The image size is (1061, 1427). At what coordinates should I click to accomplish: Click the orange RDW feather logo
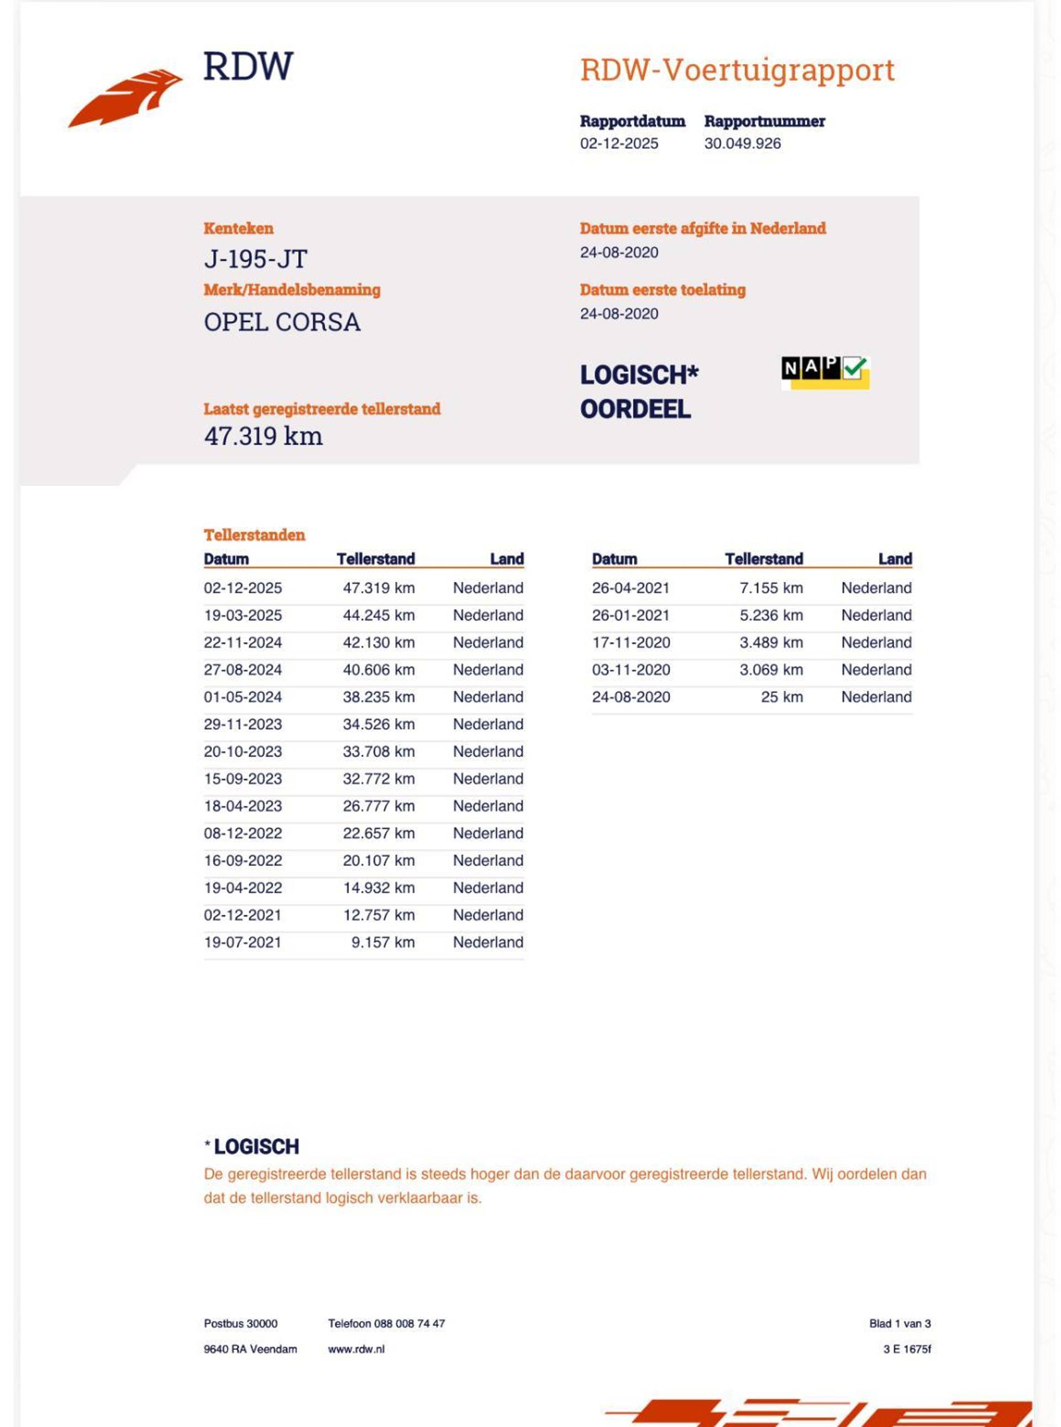(x=125, y=98)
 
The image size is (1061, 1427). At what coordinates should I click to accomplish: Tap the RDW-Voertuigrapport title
(x=737, y=70)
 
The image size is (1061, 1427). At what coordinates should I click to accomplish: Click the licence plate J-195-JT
(x=256, y=259)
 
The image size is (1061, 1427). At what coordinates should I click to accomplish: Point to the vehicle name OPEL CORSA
(x=282, y=322)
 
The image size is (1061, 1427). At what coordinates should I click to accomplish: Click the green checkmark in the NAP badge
(x=855, y=368)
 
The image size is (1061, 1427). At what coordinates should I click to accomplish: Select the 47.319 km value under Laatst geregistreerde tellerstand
(x=264, y=436)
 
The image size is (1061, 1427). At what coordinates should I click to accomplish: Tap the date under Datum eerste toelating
(x=618, y=314)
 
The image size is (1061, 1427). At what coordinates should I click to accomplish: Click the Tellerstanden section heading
(x=254, y=534)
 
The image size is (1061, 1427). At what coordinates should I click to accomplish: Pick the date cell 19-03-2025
(x=243, y=615)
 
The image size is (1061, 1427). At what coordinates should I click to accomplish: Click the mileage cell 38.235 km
(x=379, y=697)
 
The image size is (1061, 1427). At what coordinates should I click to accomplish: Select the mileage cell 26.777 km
(x=379, y=806)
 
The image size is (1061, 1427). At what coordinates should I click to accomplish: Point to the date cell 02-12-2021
(x=243, y=915)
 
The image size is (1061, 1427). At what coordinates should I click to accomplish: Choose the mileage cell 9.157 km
(x=382, y=942)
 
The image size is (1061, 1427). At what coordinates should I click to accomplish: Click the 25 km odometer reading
(x=781, y=697)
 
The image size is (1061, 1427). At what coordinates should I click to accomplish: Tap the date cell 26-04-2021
(x=631, y=587)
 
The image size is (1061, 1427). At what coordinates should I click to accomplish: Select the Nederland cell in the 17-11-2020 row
(x=876, y=642)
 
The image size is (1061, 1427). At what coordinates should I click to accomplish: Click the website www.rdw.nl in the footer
(x=356, y=1349)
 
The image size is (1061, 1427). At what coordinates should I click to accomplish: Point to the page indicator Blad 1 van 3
(x=899, y=1324)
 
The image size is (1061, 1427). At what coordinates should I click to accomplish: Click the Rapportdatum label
(x=632, y=122)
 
